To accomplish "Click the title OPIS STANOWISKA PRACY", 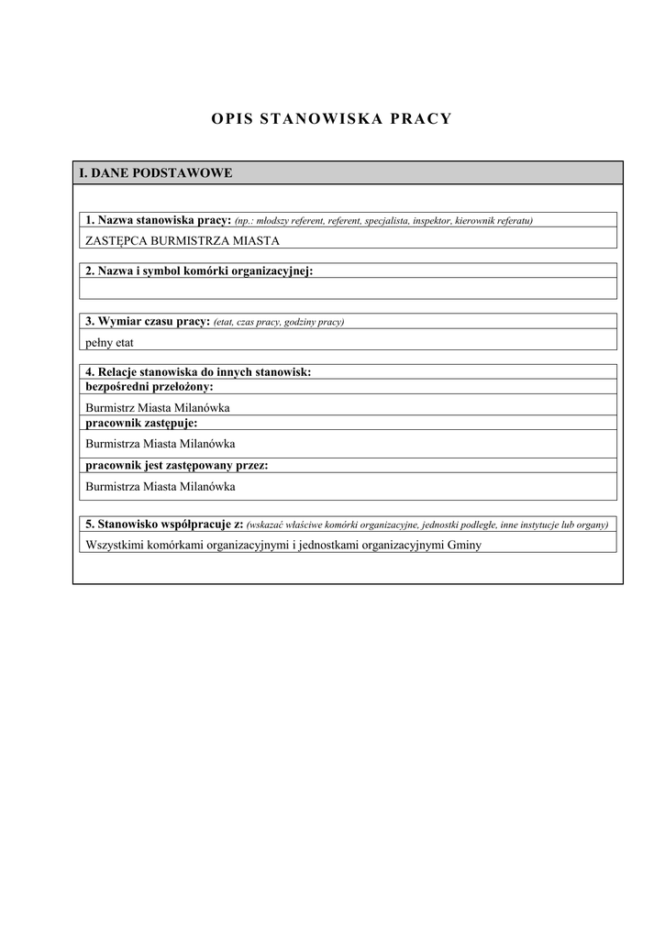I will click(331, 119).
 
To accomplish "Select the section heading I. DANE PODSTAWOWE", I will click(156, 172).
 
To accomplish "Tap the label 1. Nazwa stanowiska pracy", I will click(158, 220).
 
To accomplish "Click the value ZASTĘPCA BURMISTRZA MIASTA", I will click(182, 240).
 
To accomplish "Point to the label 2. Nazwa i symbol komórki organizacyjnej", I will click(199, 271).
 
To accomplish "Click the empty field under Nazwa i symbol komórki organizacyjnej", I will click(348, 289).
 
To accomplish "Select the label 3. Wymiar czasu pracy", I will click(148, 322).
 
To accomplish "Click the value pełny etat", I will click(109, 341).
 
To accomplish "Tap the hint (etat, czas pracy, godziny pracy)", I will click(279, 323).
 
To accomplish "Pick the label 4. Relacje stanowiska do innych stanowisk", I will click(198, 372).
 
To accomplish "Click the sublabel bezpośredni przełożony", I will click(149, 386).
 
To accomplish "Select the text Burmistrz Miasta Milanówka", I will click(157, 407).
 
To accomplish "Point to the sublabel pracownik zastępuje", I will click(141, 423).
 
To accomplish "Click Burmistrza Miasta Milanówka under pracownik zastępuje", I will click(160, 443).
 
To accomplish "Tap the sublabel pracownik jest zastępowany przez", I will click(177, 465).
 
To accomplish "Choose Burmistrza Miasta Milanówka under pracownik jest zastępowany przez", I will click(160, 486).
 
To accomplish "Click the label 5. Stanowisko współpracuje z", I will click(164, 524).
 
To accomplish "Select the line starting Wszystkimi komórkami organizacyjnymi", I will click(283, 544).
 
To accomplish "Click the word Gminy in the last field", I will click(463, 544).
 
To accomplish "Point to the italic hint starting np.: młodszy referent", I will click(383, 221).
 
